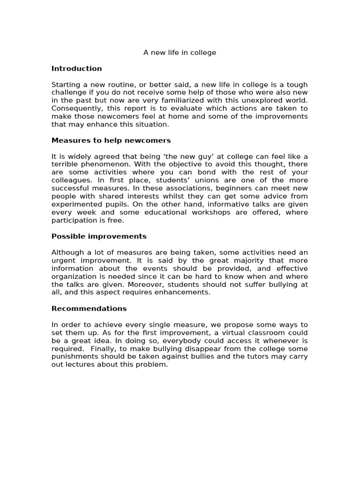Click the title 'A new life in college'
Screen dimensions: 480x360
tap(180, 52)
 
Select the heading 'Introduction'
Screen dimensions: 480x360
tap(76, 68)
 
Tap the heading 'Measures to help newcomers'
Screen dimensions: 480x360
tap(111, 140)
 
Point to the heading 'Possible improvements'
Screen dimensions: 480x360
tap(99, 236)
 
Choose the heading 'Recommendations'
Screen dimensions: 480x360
tap(89, 308)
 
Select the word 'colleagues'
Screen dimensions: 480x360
tap(72, 180)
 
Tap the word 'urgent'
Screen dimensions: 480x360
tap(64, 261)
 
